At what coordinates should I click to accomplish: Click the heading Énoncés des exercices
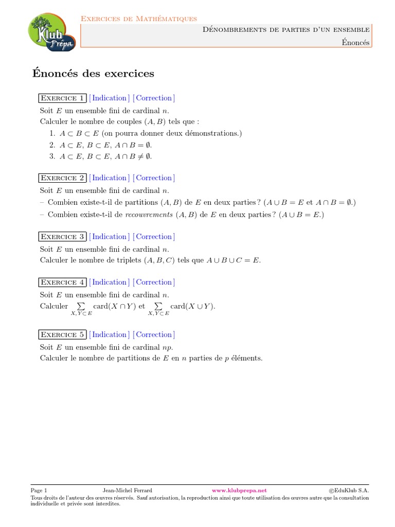[x=93, y=74]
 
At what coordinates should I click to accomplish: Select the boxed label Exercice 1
[x=62, y=98]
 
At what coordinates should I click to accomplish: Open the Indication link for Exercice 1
[x=109, y=98]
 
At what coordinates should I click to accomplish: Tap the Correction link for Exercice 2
[x=154, y=178]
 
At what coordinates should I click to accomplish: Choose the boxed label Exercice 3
[x=62, y=237]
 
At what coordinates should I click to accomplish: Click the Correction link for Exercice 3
[x=154, y=237]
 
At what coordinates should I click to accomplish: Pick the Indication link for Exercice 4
[x=109, y=283]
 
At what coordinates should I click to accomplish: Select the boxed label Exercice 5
[x=62, y=335]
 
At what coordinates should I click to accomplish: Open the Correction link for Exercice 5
[x=154, y=335]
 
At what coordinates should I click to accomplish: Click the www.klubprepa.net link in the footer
[x=239, y=490]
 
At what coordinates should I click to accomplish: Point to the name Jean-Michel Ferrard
[x=128, y=490]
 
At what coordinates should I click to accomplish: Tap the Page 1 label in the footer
[x=39, y=490]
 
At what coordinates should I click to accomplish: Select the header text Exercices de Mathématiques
[x=139, y=19]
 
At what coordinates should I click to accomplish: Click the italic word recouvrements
[x=149, y=215]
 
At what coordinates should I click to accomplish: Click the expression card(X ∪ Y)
[x=193, y=306]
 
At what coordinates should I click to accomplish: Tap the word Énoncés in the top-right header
[x=355, y=42]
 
